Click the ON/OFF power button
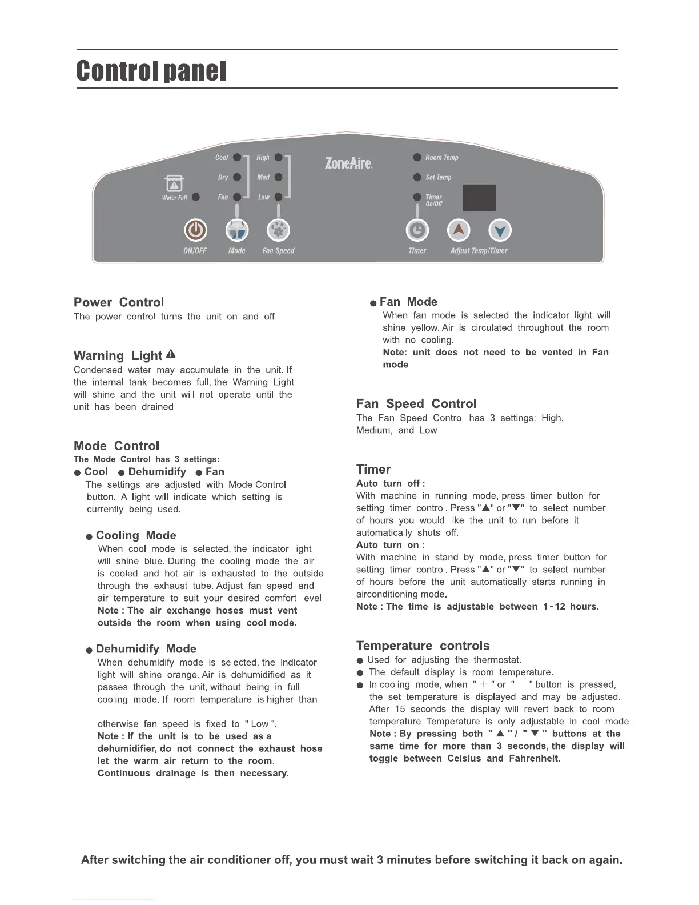(195, 230)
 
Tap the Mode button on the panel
(237, 230)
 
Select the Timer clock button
(417, 230)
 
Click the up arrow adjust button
(459, 230)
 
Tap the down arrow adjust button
(500, 231)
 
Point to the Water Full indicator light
(196, 197)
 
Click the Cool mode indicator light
(237, 157)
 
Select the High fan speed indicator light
(278, 157)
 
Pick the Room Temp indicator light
(417, 157)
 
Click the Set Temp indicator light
(417, 177)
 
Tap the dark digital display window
(479, 198)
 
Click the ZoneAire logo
(348, 163)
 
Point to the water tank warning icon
(174, 184)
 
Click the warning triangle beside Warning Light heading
(170, 355)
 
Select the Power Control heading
(119, 302)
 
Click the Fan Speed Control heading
(416, 404)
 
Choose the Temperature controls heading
(423, 646)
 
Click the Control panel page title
(151, 71)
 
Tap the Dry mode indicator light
(237, 177)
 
